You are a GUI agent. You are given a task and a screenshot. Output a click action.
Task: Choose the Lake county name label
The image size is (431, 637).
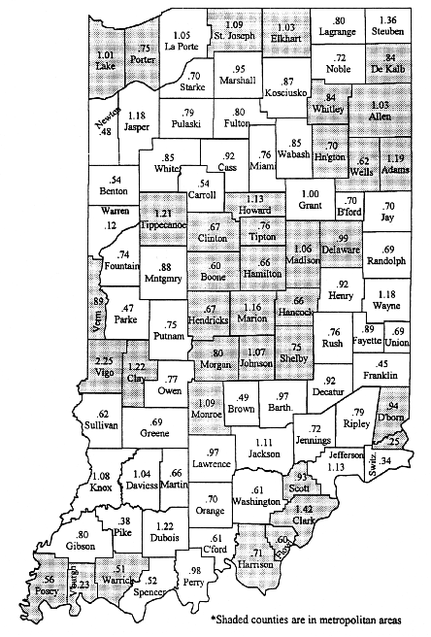point(107,67)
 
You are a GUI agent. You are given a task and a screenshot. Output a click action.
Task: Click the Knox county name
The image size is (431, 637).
point(100,489)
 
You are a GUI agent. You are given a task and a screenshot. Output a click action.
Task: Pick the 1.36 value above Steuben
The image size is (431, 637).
point(389,20)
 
